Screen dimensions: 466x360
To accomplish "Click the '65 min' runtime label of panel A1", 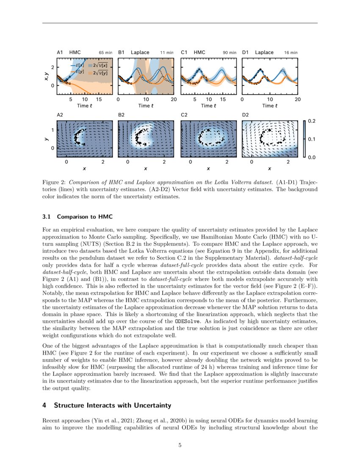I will [105, 53].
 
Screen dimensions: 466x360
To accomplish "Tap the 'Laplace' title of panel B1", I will [140, 53].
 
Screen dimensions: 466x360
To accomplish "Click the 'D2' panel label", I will [245, 114].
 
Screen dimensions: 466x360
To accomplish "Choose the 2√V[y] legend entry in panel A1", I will [100, 72].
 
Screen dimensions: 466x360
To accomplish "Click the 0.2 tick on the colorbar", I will [311, 121].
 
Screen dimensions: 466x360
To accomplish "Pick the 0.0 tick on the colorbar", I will [311, 157].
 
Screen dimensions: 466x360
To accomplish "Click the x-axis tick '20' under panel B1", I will [174, 100].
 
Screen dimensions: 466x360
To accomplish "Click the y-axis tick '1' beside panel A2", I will [53, 130].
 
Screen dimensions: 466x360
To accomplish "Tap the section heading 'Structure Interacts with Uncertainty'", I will [112, 405].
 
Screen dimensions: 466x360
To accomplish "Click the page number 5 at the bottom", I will [180, 445].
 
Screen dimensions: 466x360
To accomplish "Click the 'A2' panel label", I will [60, 114].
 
